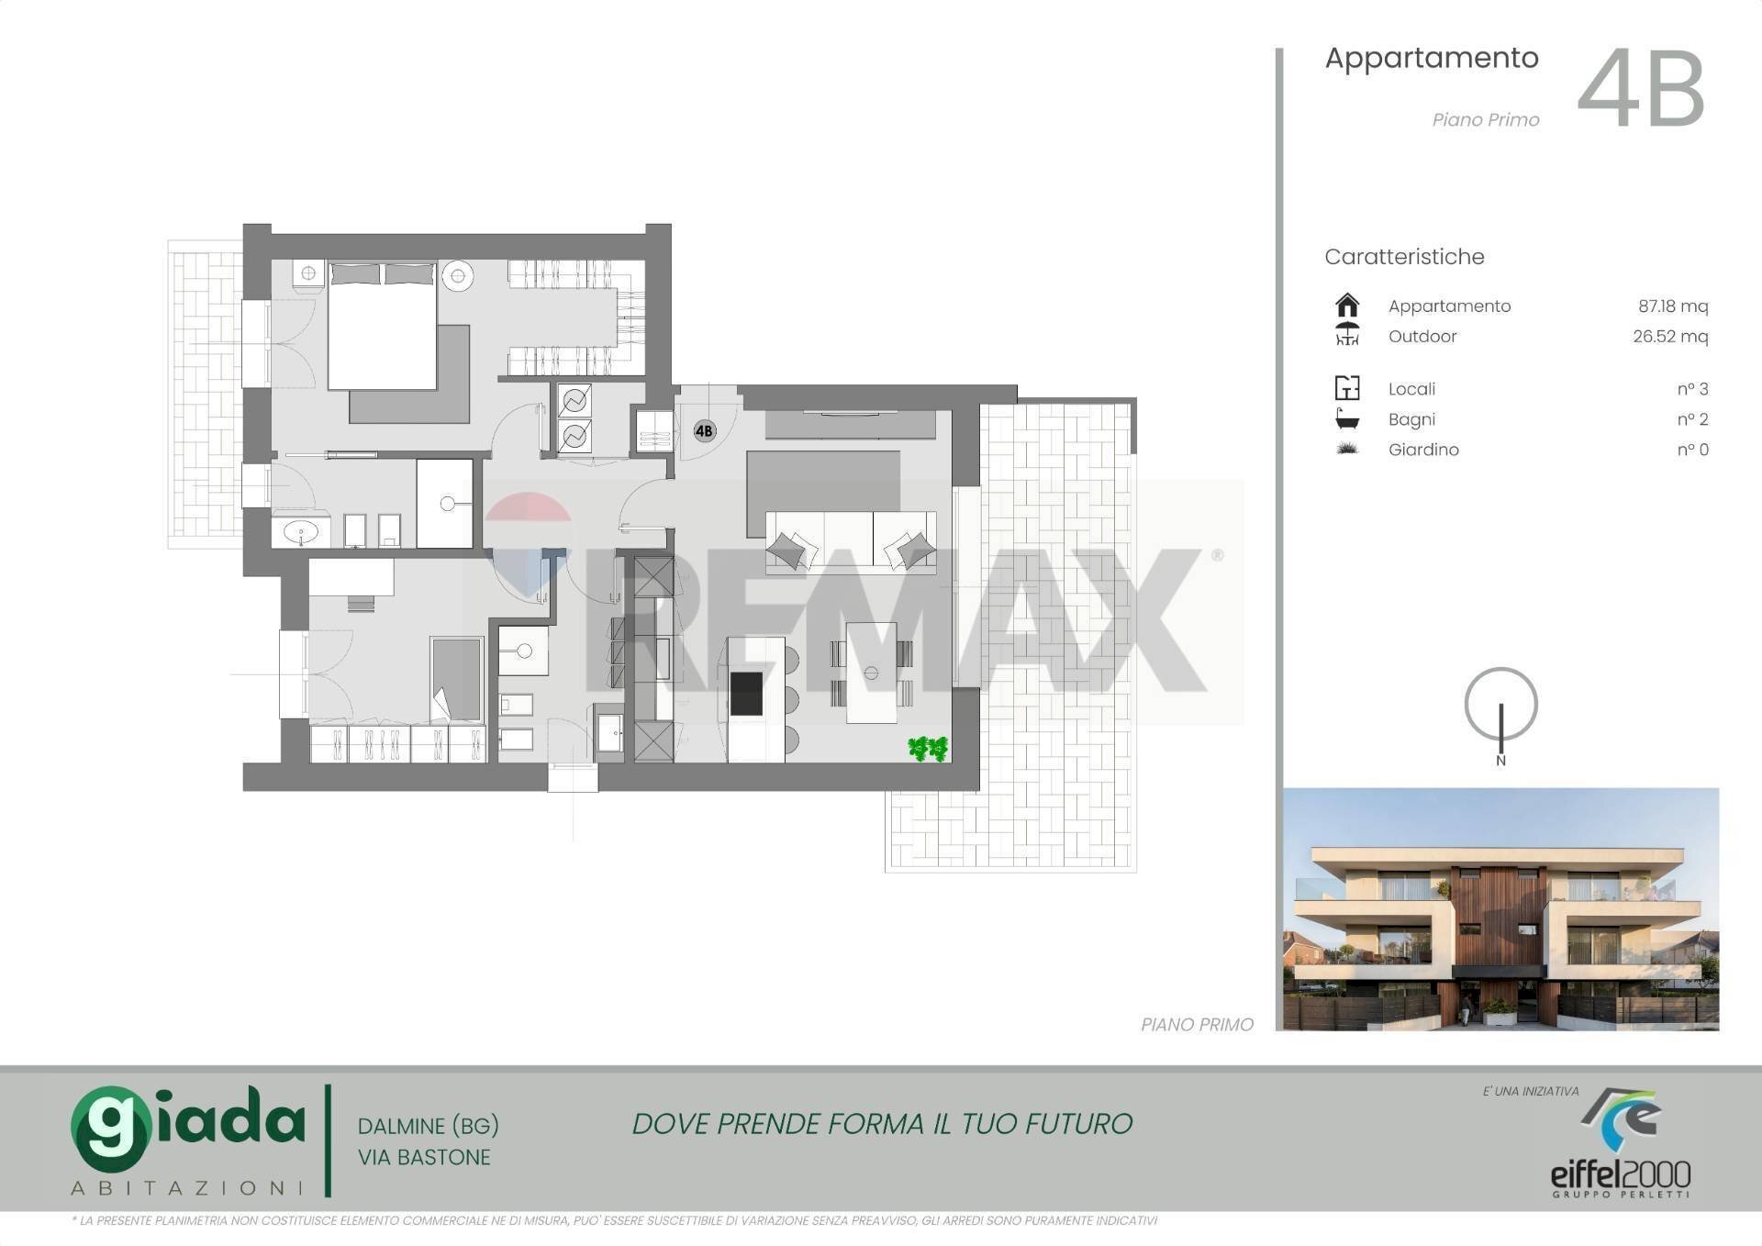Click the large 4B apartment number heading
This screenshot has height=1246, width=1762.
(x=1641, y=89)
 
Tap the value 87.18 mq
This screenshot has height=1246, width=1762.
(x=1673, y=306)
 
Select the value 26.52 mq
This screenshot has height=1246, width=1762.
(x=1670, y=337)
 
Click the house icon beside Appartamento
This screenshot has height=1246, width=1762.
(x=1347, y=305)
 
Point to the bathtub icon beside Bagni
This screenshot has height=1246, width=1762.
(x=1347, y=418)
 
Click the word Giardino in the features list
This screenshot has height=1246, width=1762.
(x=1423, y=450)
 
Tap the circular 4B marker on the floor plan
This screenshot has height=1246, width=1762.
(x=704, y=430)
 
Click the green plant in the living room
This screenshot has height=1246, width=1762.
(x=928, y=749)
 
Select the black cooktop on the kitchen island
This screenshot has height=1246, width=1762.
(x=746, y=694)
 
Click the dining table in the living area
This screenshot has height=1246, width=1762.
(x=871, y=673)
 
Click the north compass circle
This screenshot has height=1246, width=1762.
(x=1500, y=704)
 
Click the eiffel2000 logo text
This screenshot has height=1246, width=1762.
(x=1621, y=1174)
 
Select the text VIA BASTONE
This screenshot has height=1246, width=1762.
(x=424, y=1158)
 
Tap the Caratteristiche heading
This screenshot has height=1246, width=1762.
(x=1404, y=257)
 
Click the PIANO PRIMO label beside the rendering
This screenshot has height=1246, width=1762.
(x=1197, y=1025)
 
